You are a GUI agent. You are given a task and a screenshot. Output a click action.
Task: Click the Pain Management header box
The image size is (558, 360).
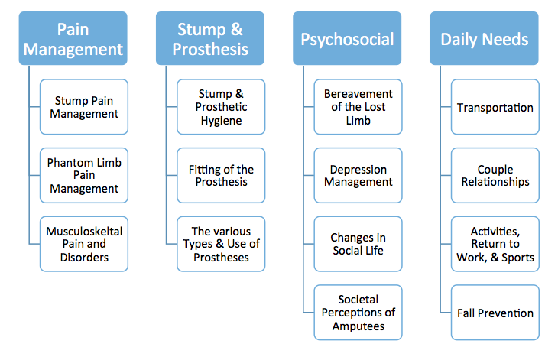point(73,38)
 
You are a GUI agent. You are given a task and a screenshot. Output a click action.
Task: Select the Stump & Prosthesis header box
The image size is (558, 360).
point(210,38)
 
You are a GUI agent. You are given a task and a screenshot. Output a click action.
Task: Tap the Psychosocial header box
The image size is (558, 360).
point(347,38)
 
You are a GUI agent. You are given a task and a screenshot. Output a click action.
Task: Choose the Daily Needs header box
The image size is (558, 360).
point(484,38)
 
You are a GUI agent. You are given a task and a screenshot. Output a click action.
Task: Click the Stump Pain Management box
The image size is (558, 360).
point(84,107)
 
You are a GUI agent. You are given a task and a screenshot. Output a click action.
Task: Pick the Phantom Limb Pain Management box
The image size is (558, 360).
point(84,175)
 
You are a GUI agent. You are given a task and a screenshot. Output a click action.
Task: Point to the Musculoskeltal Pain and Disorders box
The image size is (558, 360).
point(84,244)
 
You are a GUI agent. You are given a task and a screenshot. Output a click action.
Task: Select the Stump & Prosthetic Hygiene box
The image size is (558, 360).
point(221,107)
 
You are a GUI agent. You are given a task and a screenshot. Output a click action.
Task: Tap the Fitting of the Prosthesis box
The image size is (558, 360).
point(221,175)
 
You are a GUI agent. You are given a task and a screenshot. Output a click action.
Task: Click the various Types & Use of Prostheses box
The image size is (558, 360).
point(221,244)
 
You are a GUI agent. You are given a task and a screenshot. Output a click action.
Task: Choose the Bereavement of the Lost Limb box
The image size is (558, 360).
point(358,107)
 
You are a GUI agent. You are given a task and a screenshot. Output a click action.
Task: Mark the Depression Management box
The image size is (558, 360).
point(358,175)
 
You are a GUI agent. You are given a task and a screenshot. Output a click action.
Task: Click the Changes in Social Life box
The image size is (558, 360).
point(358,244)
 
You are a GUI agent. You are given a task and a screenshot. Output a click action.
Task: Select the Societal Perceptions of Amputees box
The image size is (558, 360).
point(358,313)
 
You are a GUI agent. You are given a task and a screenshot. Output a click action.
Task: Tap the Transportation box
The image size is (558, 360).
point(495,107)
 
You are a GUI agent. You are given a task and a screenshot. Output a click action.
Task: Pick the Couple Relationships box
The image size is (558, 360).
point(495,175)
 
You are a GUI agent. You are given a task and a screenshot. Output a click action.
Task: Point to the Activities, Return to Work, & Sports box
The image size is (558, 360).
point(495,244)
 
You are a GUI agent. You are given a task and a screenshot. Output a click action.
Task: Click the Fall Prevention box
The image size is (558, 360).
point(495,313)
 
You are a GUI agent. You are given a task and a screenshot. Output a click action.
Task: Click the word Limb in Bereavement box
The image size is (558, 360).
point(358,121)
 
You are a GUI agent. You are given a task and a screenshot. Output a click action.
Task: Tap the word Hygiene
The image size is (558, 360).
point(221,121)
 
